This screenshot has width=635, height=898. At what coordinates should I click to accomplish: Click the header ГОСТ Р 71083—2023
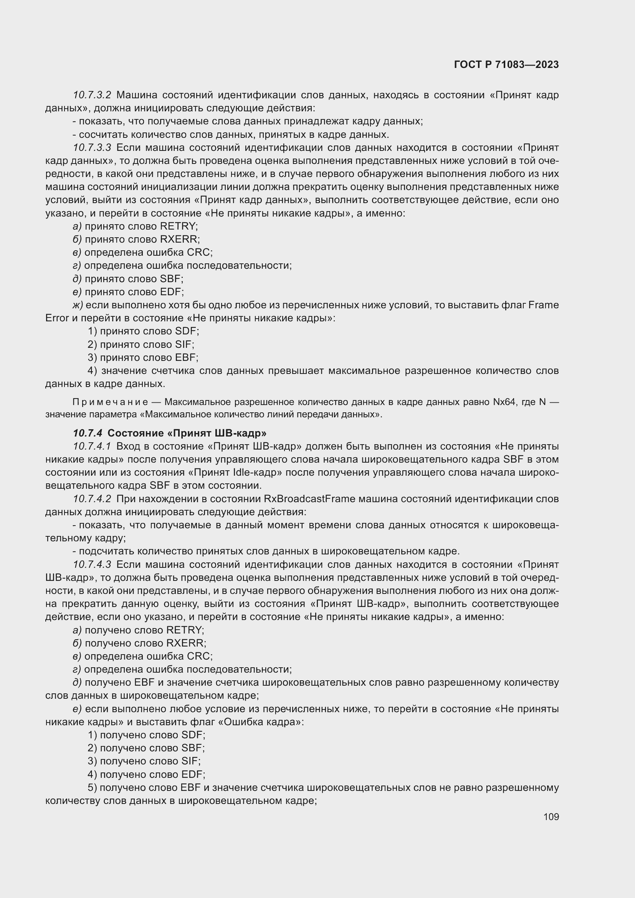(506, 64)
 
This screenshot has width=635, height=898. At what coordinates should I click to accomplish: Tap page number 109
(551, 817)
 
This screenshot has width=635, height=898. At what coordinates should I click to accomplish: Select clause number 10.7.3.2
(92, 95)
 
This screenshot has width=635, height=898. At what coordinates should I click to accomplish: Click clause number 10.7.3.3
(92, 147)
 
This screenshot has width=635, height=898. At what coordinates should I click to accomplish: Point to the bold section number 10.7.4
(88, 433)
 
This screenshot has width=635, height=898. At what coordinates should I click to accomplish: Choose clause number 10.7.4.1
(92, 446)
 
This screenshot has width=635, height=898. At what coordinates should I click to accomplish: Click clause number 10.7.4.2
(92, 499)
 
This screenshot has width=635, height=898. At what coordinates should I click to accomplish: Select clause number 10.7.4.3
(92, 564)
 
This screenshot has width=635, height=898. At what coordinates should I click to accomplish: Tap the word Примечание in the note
(110, 402)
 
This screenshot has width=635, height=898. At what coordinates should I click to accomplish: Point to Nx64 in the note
(504, 402)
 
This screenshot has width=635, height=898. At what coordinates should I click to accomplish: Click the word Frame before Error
(543, 305)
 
